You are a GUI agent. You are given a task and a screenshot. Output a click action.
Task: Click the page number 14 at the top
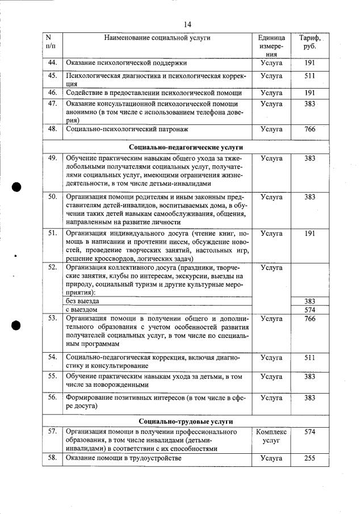(x=188, y=24)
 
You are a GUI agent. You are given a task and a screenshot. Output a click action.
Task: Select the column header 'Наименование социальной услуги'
(x=157, y=37)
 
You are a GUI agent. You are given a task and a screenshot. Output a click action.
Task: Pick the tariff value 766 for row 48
(x=309, y=129)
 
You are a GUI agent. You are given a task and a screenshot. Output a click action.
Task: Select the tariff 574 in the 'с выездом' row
(x=309, y=310)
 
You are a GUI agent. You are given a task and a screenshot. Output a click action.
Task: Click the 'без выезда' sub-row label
(x=83, y=300)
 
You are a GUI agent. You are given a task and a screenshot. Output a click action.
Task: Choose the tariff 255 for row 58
(x=309, y=458)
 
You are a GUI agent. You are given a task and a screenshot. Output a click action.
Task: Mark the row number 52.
(x=52, y=267)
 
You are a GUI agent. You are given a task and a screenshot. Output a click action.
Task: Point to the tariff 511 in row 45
(x=309, y=75)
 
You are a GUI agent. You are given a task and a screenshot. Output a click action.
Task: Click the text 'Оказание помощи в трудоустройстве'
(x=124, y=458)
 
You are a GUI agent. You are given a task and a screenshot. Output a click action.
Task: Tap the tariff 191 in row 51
(x=309, y=233)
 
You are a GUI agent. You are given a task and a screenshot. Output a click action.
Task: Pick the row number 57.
(x=52, y=432)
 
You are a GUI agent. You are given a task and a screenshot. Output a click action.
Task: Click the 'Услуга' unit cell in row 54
(x=271, y=358)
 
